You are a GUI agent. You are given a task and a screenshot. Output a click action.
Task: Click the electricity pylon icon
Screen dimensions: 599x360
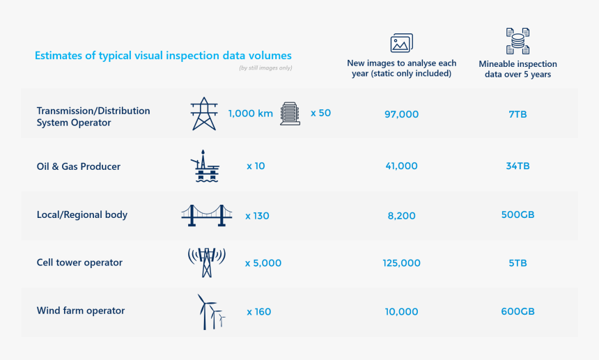[204, 114]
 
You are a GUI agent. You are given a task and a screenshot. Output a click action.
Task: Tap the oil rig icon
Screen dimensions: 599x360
[205, 166]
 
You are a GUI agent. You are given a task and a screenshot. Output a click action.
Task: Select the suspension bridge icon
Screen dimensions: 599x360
[207, 215]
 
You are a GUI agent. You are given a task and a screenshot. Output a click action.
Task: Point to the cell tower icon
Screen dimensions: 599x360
[207, 263]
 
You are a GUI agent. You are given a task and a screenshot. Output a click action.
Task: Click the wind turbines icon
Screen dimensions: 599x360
[211, 311]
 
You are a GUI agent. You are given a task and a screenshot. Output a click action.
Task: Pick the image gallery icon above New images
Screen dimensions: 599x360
[401, 42]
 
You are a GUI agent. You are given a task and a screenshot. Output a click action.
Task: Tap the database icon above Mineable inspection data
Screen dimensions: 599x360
[518, 41]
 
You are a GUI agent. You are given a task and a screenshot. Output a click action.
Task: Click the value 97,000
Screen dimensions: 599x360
[401, 114]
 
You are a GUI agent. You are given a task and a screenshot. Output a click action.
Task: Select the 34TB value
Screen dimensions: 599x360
[518, 166]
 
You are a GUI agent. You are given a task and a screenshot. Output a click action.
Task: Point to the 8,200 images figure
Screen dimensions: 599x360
[401, 216]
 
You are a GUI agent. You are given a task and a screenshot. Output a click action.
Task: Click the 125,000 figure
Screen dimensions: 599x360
[401, 263]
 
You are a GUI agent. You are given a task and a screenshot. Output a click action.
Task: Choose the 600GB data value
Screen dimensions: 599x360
[518, 311]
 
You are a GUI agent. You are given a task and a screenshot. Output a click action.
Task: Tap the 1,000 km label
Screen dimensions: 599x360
[251, 114]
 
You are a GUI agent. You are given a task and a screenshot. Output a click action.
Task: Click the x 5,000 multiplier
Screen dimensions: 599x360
[263, 263]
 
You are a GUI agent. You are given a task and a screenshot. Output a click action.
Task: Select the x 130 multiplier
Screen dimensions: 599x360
[257, 216]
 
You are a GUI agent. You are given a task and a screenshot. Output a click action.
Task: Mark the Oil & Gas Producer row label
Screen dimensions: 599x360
[78, 166]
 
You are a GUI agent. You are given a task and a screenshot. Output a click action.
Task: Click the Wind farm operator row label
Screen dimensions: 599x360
[81, 311]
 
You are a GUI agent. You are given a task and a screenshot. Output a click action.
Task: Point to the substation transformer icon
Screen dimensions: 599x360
[290, 114]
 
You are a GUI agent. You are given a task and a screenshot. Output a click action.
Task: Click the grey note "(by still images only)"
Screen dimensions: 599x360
[265, 68]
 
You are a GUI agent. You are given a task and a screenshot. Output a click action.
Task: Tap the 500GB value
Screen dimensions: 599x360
[518, 214]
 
